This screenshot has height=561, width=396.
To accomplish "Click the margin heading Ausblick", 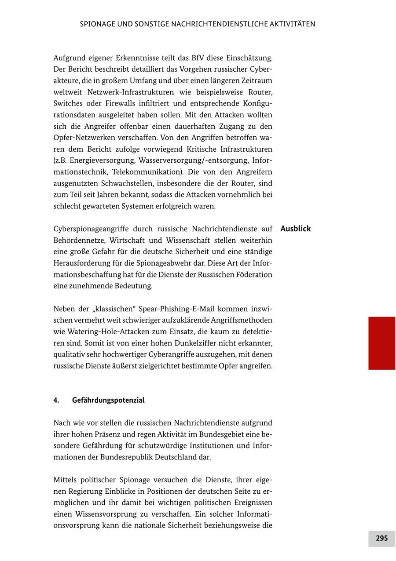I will [295, 229].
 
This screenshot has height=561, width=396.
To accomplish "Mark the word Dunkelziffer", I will [207, 343].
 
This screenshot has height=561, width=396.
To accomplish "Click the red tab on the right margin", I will [381, 343].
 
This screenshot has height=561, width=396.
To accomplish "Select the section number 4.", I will [56, 400].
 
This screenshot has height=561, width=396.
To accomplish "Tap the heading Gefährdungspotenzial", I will [108, 400].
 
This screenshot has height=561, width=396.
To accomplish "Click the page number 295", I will [381, 538].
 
